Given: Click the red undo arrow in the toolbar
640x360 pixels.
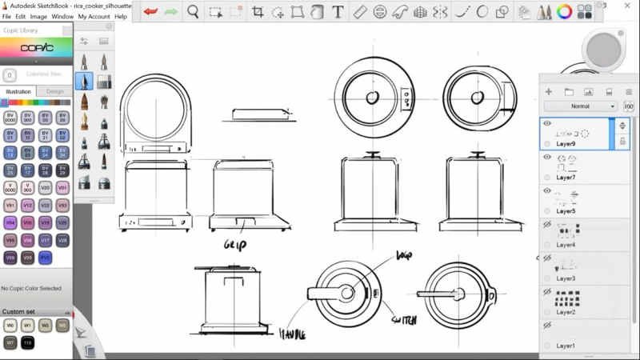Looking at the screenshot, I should (150, 11).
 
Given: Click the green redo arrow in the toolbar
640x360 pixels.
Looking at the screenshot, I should (170, 11).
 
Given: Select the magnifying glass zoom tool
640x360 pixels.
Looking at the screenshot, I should (194, 11).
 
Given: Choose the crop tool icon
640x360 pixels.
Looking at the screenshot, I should (258, 12).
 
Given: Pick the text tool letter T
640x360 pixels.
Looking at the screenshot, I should (338, 12).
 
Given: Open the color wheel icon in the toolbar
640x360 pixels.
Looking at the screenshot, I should (564, 12).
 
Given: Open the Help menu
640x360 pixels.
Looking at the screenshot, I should (121, 16).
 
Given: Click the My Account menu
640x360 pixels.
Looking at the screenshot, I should (94, 16).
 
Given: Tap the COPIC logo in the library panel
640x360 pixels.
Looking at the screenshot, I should (36, 48).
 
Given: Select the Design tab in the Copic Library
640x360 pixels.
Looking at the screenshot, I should (54, 91).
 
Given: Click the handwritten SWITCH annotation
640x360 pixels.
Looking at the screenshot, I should (403, 320).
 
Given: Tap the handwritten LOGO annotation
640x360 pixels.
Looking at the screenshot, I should (404, 256).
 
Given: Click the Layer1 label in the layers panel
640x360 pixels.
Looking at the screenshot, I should (566, 346).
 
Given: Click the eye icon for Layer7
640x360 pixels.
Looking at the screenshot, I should (547, 158).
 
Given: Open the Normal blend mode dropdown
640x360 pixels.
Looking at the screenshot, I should (581, 106).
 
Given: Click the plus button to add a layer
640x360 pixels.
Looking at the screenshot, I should (549, 92).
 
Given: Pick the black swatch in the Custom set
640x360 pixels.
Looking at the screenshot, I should (27, 342).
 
